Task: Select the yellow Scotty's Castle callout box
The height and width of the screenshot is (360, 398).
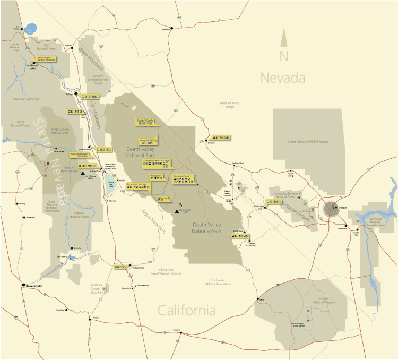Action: (145, 121)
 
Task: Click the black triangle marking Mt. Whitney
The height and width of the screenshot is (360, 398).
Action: (83, 173)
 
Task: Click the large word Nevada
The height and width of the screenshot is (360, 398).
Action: (282, 79)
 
